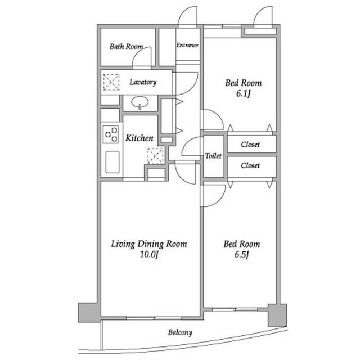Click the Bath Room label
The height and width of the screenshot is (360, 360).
pyautogui.click(x=126, y=46)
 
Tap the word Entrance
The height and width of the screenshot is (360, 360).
pyautogui.click(x=187, y=45)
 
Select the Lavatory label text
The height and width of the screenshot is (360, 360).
pyautogui.click(x=143, y=82)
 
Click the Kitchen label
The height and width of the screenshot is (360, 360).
pyautogui.click(x=139, y=138)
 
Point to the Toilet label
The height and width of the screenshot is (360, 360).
pyautogui.click(x=213, y=156)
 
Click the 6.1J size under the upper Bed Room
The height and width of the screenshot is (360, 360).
pyautogui.click(x=243, y=94)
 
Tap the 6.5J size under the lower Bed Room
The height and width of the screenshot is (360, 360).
pyautogui.click(x=242, y=255)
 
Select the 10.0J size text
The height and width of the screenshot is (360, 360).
pyautogui.click(x=149, y=254)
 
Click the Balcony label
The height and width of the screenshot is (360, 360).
pyautogui.click(x=180, y=332)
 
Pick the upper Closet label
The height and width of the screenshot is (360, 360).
pyautogui.click(x=250, y=145)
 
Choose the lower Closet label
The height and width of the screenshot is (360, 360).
pyautogui.click(x=250, y=165)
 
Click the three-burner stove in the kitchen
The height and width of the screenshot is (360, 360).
pyautogui.click(x=111, y=134)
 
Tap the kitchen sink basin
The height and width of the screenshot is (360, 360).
pyautogui.click(x=112, y=162)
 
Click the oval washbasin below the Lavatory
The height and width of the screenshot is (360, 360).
pyautogui.click(x=140, y=102)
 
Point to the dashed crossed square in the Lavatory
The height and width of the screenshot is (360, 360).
pyautogui.click(x=111, y=82)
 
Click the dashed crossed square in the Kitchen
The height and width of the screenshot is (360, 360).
pyautogui.click(x=156, y=156)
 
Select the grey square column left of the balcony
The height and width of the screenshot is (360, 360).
pyautogui.click(x=89, y=313)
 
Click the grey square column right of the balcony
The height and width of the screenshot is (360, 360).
pyautogui.click(x=277, y=315)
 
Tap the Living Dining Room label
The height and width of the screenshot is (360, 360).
pyautogui.click(x=149, y=244)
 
